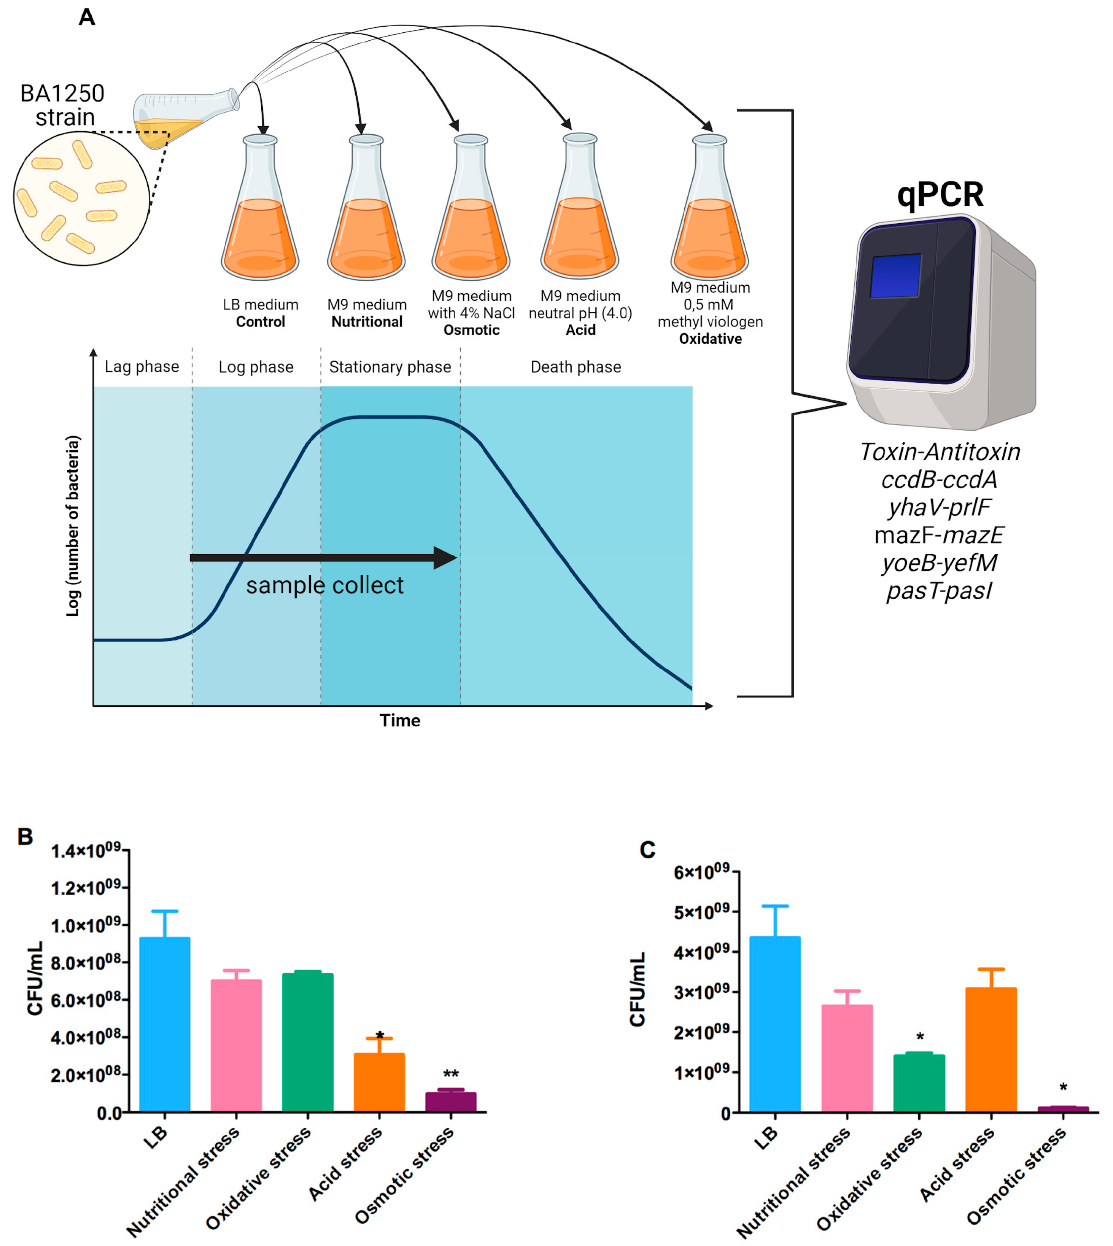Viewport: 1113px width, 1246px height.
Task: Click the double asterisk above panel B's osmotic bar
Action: pyautogui.click(x=451, y=1074)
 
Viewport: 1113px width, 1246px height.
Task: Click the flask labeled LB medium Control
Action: pyautogui.click(x=260, y=220)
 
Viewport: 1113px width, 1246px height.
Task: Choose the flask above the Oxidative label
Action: pyautogui.click(x=709, y=220)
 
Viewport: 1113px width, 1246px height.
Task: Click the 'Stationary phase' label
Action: pyautogui.click(x=390, y=367)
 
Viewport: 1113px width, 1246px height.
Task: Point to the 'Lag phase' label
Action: pyautogui.click(x=142, y=366)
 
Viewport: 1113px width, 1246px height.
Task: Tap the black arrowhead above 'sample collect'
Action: pyautogui.click(x=445, y=558)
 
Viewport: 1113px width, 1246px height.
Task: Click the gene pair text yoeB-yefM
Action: pyautogui.click(x=939, y=563)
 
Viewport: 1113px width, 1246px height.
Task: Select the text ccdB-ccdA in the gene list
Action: pyautogui.click(x=939, y=479)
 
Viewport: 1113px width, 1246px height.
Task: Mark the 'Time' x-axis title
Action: pyautogui.click(x=400, y=720)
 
